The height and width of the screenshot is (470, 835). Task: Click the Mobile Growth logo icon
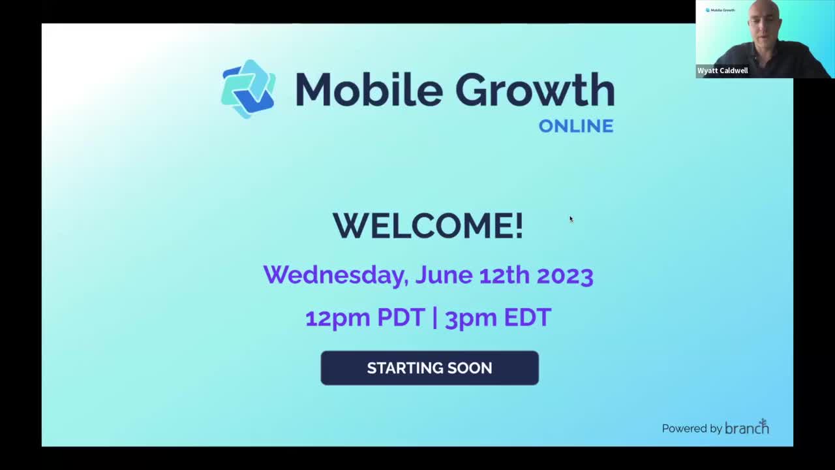pos(249,89)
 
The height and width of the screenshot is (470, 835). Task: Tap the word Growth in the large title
pos(534,90)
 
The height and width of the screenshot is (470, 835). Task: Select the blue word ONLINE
pos(576,126)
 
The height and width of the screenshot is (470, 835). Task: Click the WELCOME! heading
pos(429,226)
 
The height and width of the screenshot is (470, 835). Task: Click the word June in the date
pos(444,275)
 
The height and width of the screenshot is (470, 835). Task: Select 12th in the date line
pos(505,275)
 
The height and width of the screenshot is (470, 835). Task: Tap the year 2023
pos(565,275)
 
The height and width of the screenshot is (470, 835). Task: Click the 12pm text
pos(338,318)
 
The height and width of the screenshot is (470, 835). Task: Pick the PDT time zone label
pos(401,317)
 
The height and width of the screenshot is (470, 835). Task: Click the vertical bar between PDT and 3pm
pos(435,318)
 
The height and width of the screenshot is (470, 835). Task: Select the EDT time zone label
pos(528,317)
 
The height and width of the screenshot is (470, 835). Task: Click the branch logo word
pos(747,427)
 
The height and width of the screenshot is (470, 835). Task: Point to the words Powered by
pos(692,429)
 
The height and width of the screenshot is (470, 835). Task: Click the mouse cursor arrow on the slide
pos(571,219)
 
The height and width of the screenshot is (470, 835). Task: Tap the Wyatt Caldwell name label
pos(722,70)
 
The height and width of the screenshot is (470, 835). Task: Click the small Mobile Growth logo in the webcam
pos(720,10)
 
